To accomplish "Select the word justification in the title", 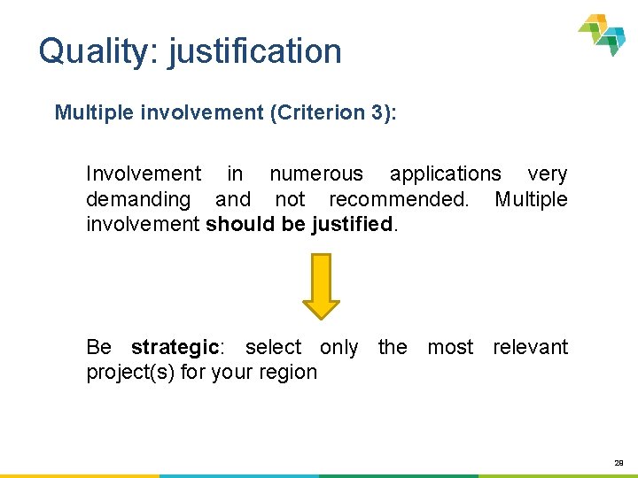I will click(x=254, y=51).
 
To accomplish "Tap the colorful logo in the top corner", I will click(x=603, y=34).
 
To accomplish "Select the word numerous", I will click(x=316, y=174).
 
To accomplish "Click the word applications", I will click(x=445, y=174).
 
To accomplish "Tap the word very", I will click(x=547, y=174).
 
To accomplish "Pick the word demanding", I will click(x=138, y=199).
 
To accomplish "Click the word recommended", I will click(x=398, y=199).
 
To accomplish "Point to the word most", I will click(x=450, y=347).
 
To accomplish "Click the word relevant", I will click(x=530, y=347).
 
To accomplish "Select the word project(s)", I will click(x=129, y=373).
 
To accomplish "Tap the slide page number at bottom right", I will click(x=619, y=461).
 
